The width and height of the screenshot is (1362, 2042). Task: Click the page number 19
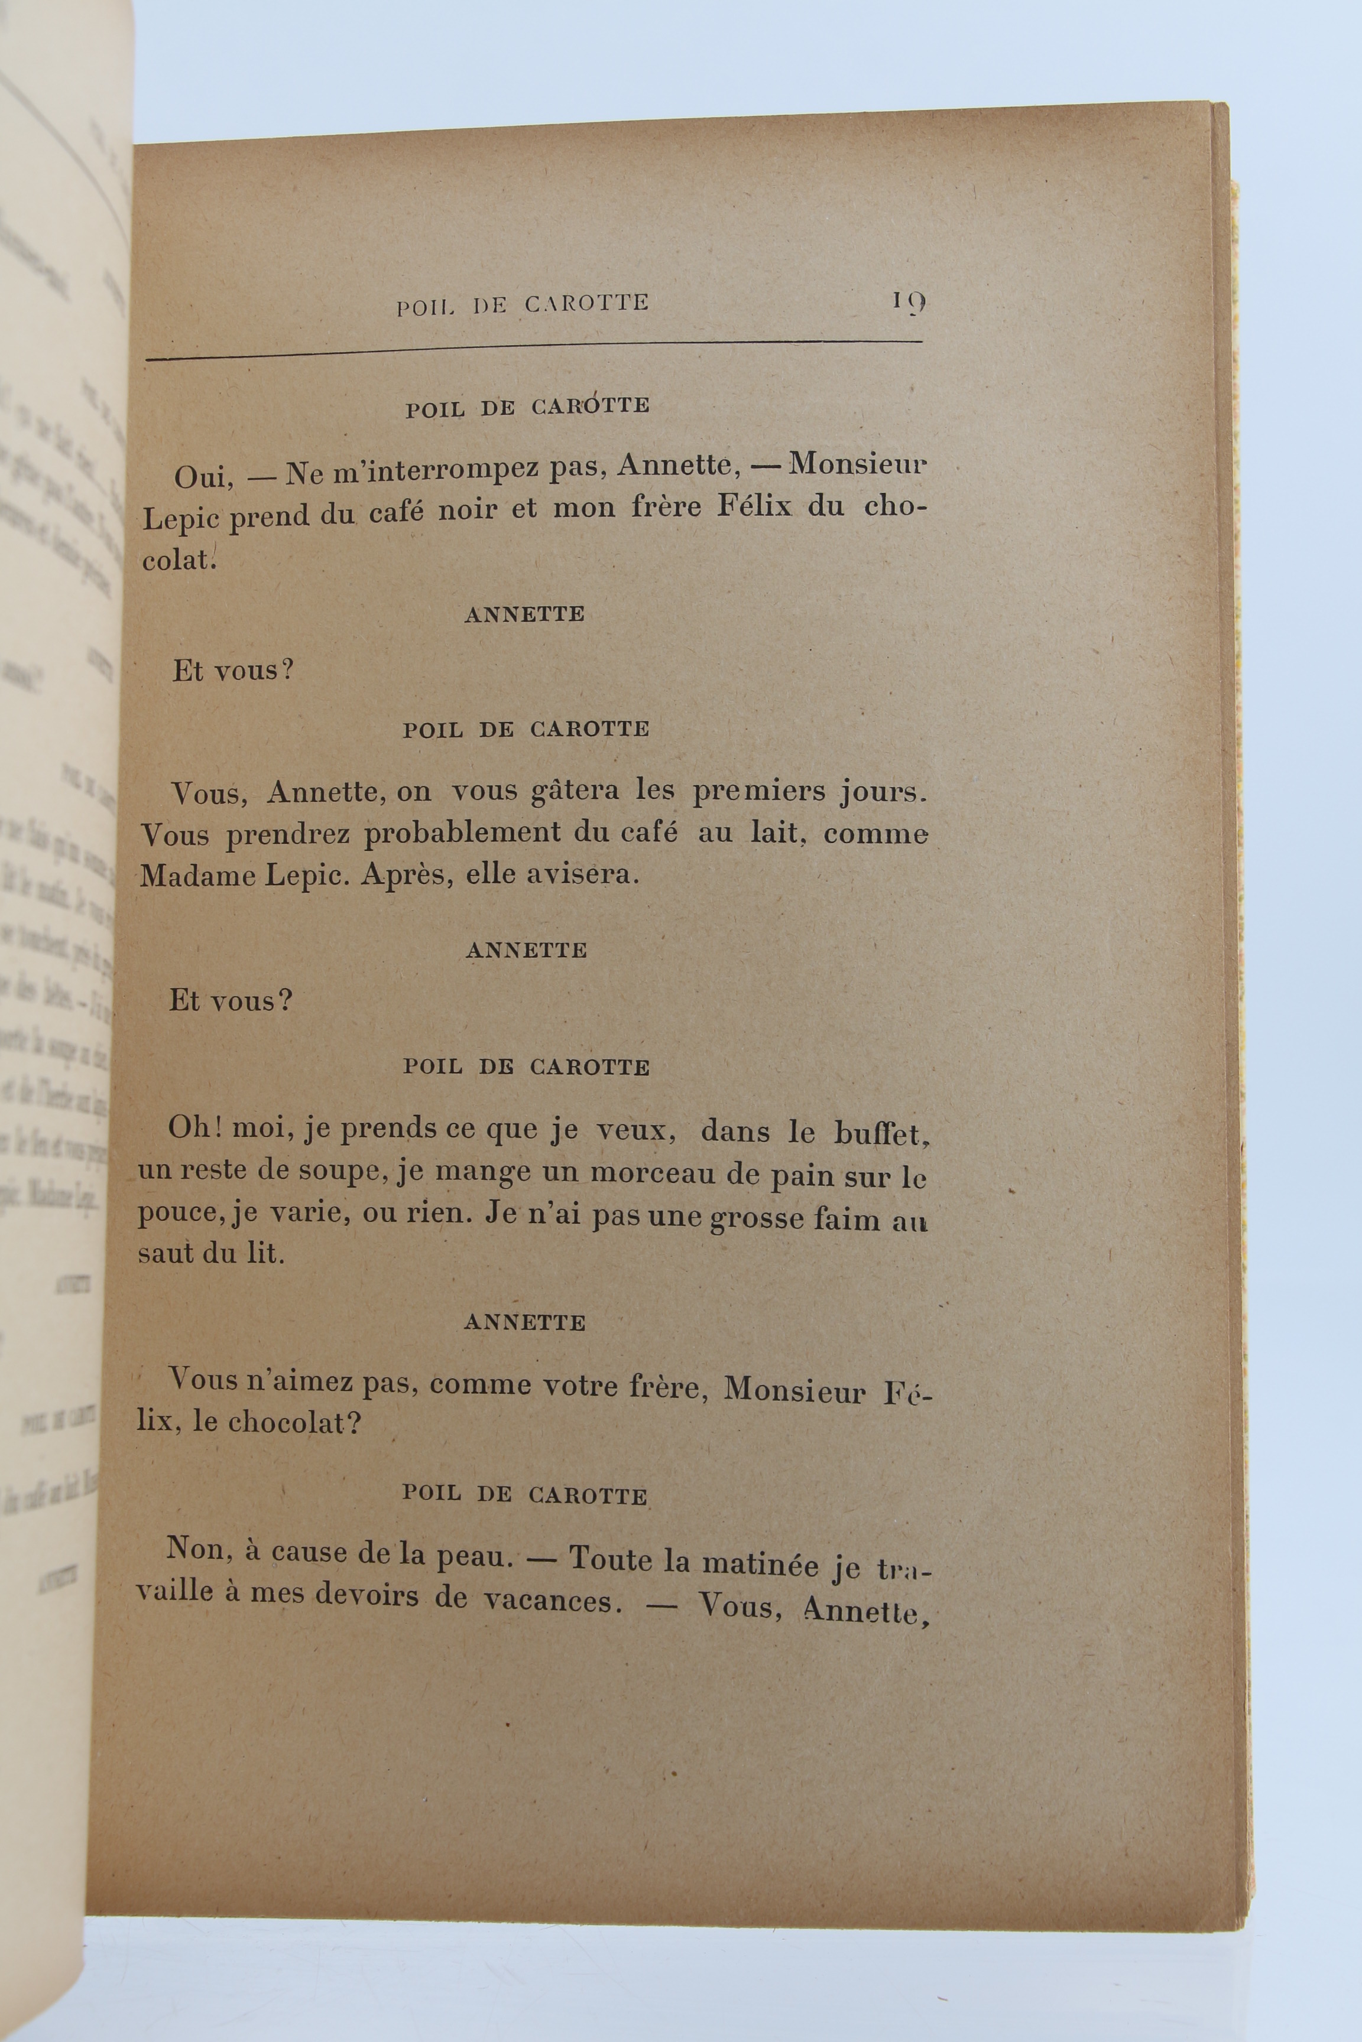coord(908,302)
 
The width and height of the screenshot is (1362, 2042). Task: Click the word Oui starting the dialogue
coord(198,477)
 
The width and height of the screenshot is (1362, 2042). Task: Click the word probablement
coord(463,834)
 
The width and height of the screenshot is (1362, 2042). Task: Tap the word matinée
coord(760,1563)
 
